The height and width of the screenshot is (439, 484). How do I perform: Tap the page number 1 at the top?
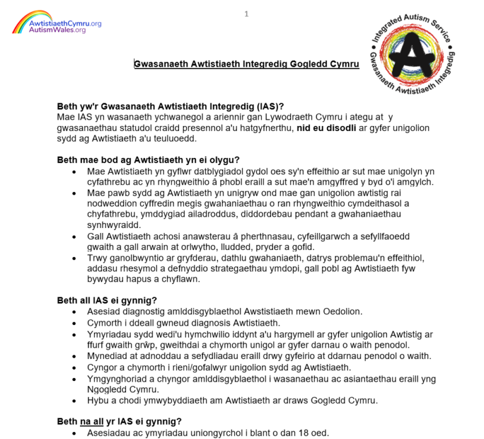(x=246, y=14)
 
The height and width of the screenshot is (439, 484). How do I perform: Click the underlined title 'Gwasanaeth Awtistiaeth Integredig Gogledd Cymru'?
(x=246, y=64)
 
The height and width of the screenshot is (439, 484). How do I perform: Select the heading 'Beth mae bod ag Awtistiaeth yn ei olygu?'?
(x=151, y=160)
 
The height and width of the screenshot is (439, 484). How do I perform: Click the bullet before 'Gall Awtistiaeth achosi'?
(x=75, y=236)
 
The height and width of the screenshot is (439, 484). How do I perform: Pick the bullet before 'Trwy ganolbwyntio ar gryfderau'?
(x=75, y=258)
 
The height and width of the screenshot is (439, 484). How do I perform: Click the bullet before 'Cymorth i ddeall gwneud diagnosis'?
(x=75, y=322)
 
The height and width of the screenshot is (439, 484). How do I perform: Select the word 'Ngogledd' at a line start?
(x=108, y=390)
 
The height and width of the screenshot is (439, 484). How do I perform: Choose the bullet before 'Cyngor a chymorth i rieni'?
(x=75, y=367)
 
